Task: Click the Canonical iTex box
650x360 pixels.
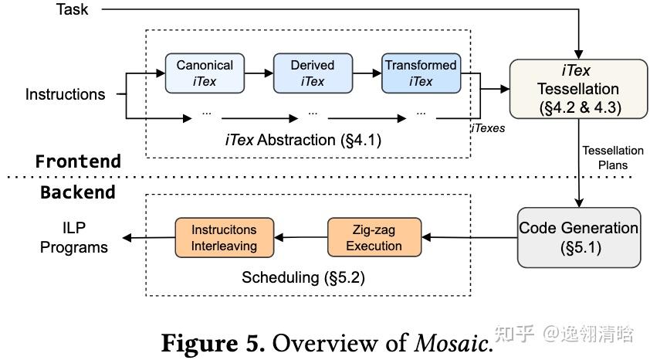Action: tap(205, 73)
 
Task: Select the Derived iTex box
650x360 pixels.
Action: tap(313, 73)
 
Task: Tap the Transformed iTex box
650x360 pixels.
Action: tap(421, 73)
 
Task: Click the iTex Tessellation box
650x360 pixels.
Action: tap(574, 89)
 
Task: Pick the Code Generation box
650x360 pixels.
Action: tap(578, 237)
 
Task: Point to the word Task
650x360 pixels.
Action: tap(72, 10)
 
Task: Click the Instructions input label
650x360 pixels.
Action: tap(65, 94)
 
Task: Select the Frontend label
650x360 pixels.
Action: tap(78, 161)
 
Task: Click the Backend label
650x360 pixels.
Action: tap(78, 192)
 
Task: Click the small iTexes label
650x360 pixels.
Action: tap(487, 128)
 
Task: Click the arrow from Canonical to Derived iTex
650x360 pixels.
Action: tap(259, 73)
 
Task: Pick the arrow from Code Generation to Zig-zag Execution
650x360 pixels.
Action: tap(469, 238)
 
